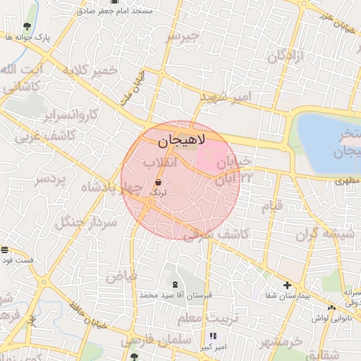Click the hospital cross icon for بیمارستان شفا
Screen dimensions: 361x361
coord(287,285)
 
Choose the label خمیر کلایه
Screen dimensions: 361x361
coord(89,71)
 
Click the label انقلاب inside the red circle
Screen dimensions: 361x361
coord(159,163)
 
